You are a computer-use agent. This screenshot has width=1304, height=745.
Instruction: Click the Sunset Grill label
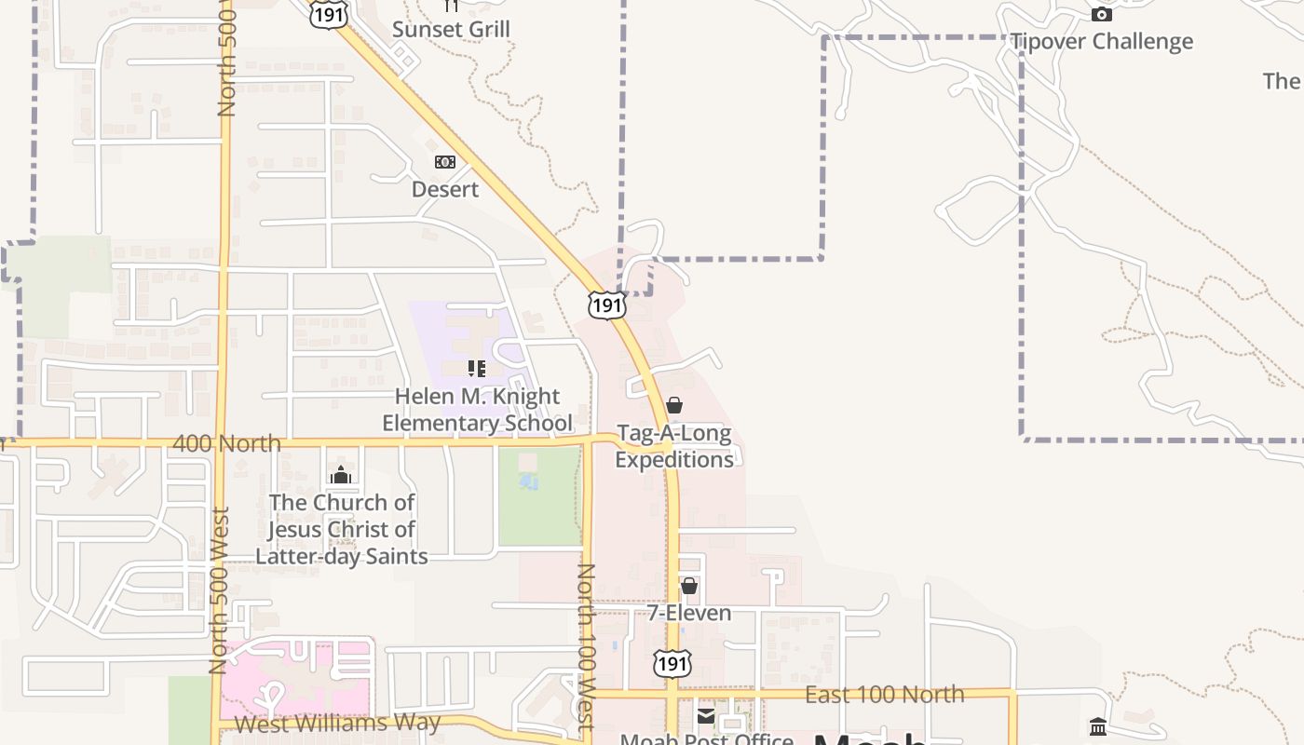451,30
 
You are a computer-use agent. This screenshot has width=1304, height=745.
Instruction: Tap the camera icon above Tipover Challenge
1102,14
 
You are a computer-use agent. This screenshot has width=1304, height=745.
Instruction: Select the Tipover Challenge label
1102,42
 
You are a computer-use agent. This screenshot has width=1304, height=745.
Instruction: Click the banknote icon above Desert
445,162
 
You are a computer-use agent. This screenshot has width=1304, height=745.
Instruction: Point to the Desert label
445,189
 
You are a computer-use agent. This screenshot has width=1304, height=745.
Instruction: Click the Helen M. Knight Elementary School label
477,410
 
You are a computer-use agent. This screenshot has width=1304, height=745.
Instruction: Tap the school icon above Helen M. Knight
477,369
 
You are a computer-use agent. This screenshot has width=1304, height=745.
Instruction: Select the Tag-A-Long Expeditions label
674,447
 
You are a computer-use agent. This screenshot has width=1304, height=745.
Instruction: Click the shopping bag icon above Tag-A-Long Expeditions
674,406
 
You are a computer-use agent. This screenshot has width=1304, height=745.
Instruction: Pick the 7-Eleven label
689,613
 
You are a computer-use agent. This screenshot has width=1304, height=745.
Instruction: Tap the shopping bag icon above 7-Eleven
689,586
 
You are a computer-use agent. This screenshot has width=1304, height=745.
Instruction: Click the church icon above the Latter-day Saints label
341,476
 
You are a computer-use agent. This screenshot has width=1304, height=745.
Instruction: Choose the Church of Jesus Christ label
342,529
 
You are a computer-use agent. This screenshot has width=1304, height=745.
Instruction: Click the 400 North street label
226,443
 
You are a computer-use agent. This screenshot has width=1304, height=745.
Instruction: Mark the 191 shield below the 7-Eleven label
672,662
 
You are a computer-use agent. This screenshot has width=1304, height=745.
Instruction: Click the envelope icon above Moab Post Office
706,716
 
